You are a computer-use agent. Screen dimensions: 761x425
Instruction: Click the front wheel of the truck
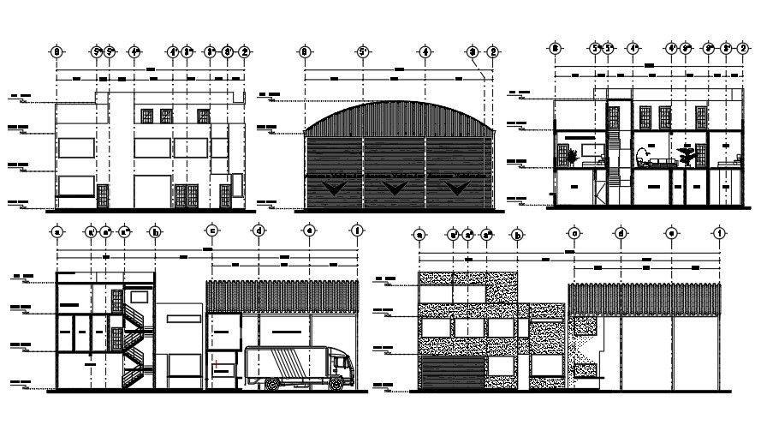336,384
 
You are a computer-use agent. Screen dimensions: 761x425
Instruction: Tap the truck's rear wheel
271,385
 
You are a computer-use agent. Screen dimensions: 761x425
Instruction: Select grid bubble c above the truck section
211,230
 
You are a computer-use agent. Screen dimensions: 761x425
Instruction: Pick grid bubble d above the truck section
258,230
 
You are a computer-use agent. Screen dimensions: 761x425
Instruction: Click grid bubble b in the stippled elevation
517,233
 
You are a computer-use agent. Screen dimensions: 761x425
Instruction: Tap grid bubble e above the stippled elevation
672,233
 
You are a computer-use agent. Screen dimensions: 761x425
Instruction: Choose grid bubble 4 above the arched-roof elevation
425,52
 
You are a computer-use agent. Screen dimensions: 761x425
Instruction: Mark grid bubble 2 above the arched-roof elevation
492,52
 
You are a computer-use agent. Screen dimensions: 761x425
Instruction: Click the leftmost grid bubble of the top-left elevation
56,52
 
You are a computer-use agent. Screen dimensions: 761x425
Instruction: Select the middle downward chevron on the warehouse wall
395,186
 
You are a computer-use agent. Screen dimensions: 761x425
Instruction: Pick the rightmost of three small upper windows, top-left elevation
203,116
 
